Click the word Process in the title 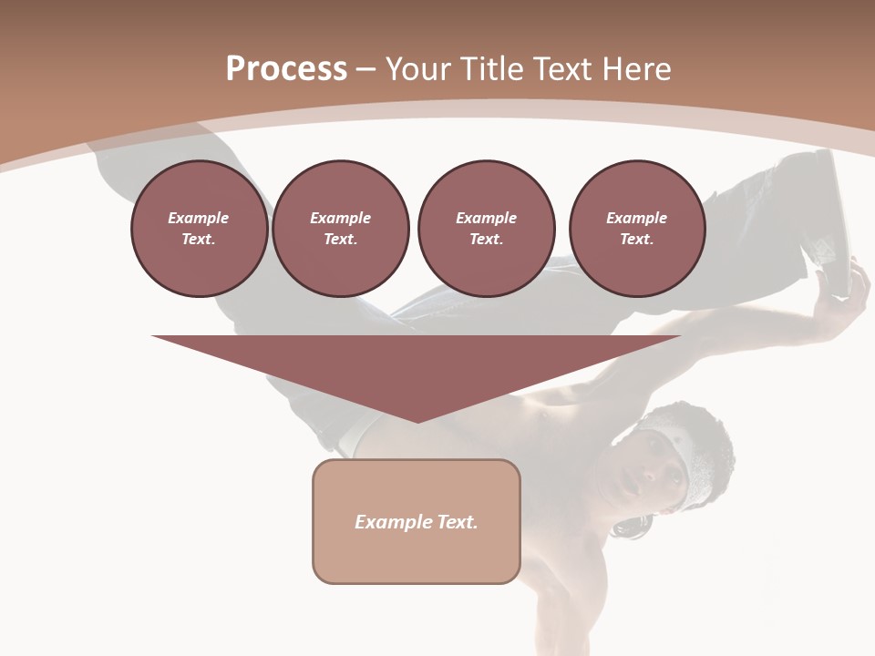tap(286, 69)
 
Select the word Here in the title tap(636, 69)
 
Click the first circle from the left tap(199, 229)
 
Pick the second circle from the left tap(340, 229)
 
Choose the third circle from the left tap(486, 229)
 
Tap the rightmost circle tap(636, 229)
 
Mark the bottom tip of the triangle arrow tap(417, 420)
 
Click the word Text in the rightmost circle tap(636, 240)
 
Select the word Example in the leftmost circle tap(199, 218)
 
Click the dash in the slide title tap(365, 69)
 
